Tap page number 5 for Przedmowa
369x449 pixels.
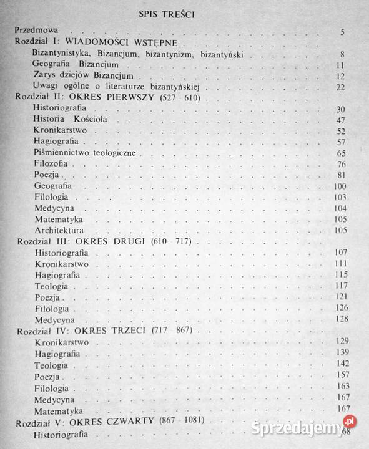(x=343, y=32)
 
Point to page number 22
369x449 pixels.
(x=340, y=87)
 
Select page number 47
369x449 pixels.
(x=340, y=120)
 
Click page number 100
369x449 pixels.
(x=338, y=187)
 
